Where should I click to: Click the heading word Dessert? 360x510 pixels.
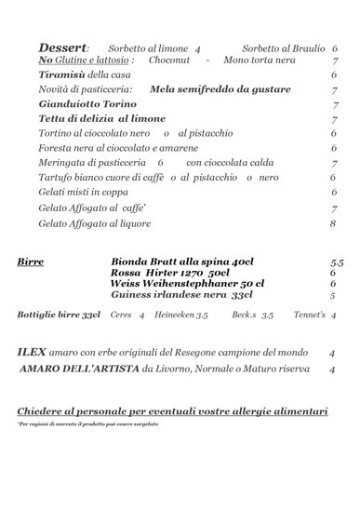[62, 47]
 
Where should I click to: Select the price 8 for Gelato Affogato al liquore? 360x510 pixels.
[332, 223]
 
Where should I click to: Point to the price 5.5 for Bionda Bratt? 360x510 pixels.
[336, 263]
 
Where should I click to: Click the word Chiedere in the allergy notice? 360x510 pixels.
[40, 410]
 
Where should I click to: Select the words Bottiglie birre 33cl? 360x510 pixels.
[59, 315]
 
